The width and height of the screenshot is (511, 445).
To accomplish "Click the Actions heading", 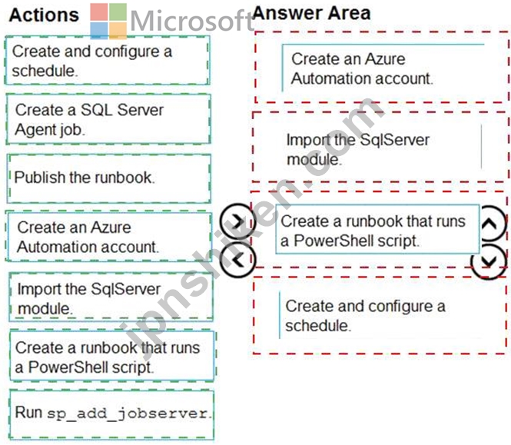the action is coord(44,15).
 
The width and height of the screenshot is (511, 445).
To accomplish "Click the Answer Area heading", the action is coord(311,13).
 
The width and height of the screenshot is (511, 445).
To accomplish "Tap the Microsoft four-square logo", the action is coord(108,21).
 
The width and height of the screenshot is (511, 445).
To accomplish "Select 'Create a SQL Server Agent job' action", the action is coord(108,119).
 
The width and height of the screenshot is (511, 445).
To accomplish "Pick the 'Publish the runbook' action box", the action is coord(109,178).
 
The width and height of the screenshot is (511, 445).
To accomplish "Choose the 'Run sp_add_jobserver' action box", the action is coord(111,414).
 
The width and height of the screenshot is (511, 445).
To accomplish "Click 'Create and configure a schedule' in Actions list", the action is coord(108,61).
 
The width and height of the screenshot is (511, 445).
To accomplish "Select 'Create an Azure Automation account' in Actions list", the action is coord(109,237).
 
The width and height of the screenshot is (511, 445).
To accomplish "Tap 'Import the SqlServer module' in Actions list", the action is coord(111,297).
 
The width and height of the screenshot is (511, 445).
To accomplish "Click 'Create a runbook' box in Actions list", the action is coord(112,356).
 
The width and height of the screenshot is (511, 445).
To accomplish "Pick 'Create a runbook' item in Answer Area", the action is coord(377,230).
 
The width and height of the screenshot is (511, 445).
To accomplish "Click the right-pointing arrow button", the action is coord(237,221).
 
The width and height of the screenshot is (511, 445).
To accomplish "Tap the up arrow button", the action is coord(489,224).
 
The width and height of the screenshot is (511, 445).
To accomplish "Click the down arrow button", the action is coord(489,261).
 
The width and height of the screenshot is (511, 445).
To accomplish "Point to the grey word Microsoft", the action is coord(191,21).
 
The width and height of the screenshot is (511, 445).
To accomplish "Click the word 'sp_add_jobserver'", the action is coord(128,414).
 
